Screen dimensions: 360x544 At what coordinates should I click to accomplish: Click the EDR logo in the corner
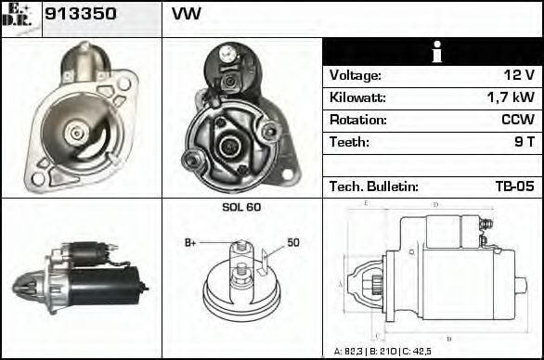click(18, 16)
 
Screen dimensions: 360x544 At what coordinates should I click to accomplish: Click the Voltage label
click(355, 75)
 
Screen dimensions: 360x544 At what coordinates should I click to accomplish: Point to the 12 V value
click(518, 75)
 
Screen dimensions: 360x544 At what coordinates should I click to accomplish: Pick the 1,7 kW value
click(511, 97)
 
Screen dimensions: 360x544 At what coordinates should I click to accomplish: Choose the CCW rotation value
click(517, 120)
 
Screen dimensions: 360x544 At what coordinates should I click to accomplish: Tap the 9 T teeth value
click(524, 142)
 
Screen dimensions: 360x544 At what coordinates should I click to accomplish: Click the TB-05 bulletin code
click(515, 186)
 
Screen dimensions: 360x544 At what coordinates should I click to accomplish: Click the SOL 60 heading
click(240, 207)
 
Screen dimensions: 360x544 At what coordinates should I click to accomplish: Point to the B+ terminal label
click(191, 243)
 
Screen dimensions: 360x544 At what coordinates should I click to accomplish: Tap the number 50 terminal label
click(293, 243)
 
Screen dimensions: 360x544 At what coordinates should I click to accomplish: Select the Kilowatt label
click(357, 97)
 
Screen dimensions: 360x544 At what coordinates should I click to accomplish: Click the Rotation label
click(356, 120)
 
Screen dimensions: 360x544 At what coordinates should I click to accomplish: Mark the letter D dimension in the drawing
click(436, 204)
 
